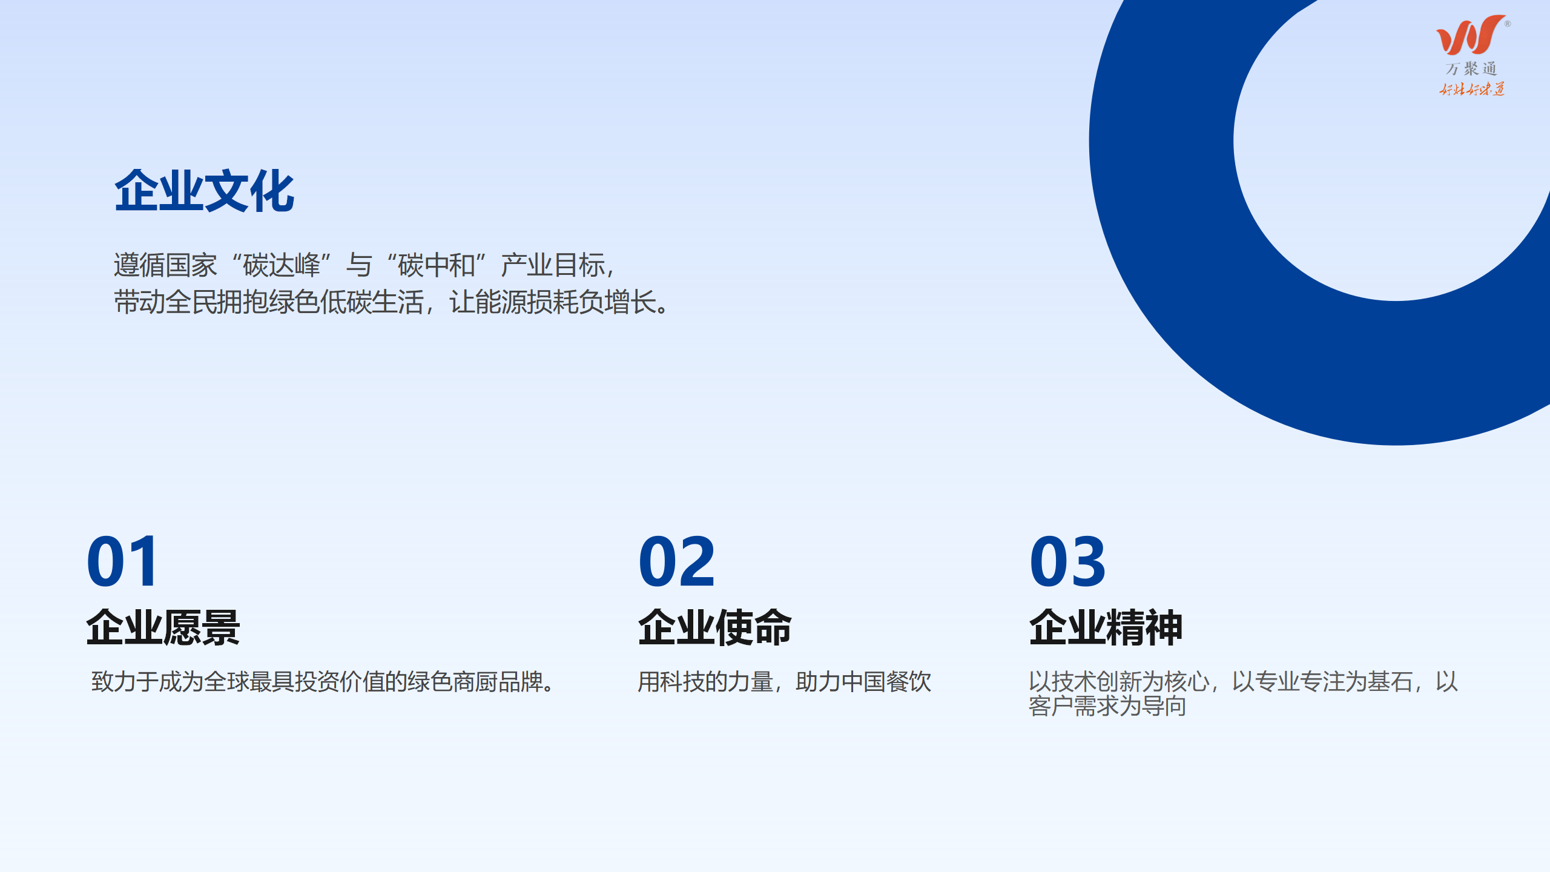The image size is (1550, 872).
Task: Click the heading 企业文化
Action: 205,191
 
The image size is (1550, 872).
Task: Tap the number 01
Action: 123,562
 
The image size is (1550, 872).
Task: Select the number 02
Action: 677,562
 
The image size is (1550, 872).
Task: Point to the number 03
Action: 1068,562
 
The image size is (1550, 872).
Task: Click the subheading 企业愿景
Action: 163,627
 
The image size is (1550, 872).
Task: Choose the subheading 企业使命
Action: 715,627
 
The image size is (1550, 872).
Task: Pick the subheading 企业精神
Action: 1106,627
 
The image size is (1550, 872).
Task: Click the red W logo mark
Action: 1471,35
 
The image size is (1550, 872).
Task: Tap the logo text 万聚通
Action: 1471,69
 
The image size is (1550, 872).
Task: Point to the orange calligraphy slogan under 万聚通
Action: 1472,90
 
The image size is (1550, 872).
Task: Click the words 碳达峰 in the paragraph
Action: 282,265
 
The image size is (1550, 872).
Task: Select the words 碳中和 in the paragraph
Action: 437,265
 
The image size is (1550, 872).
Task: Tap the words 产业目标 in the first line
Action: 553,265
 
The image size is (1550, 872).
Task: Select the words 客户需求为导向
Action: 1107,706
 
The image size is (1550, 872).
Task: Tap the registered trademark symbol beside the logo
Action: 1508,24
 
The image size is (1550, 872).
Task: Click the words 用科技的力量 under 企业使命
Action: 705,682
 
